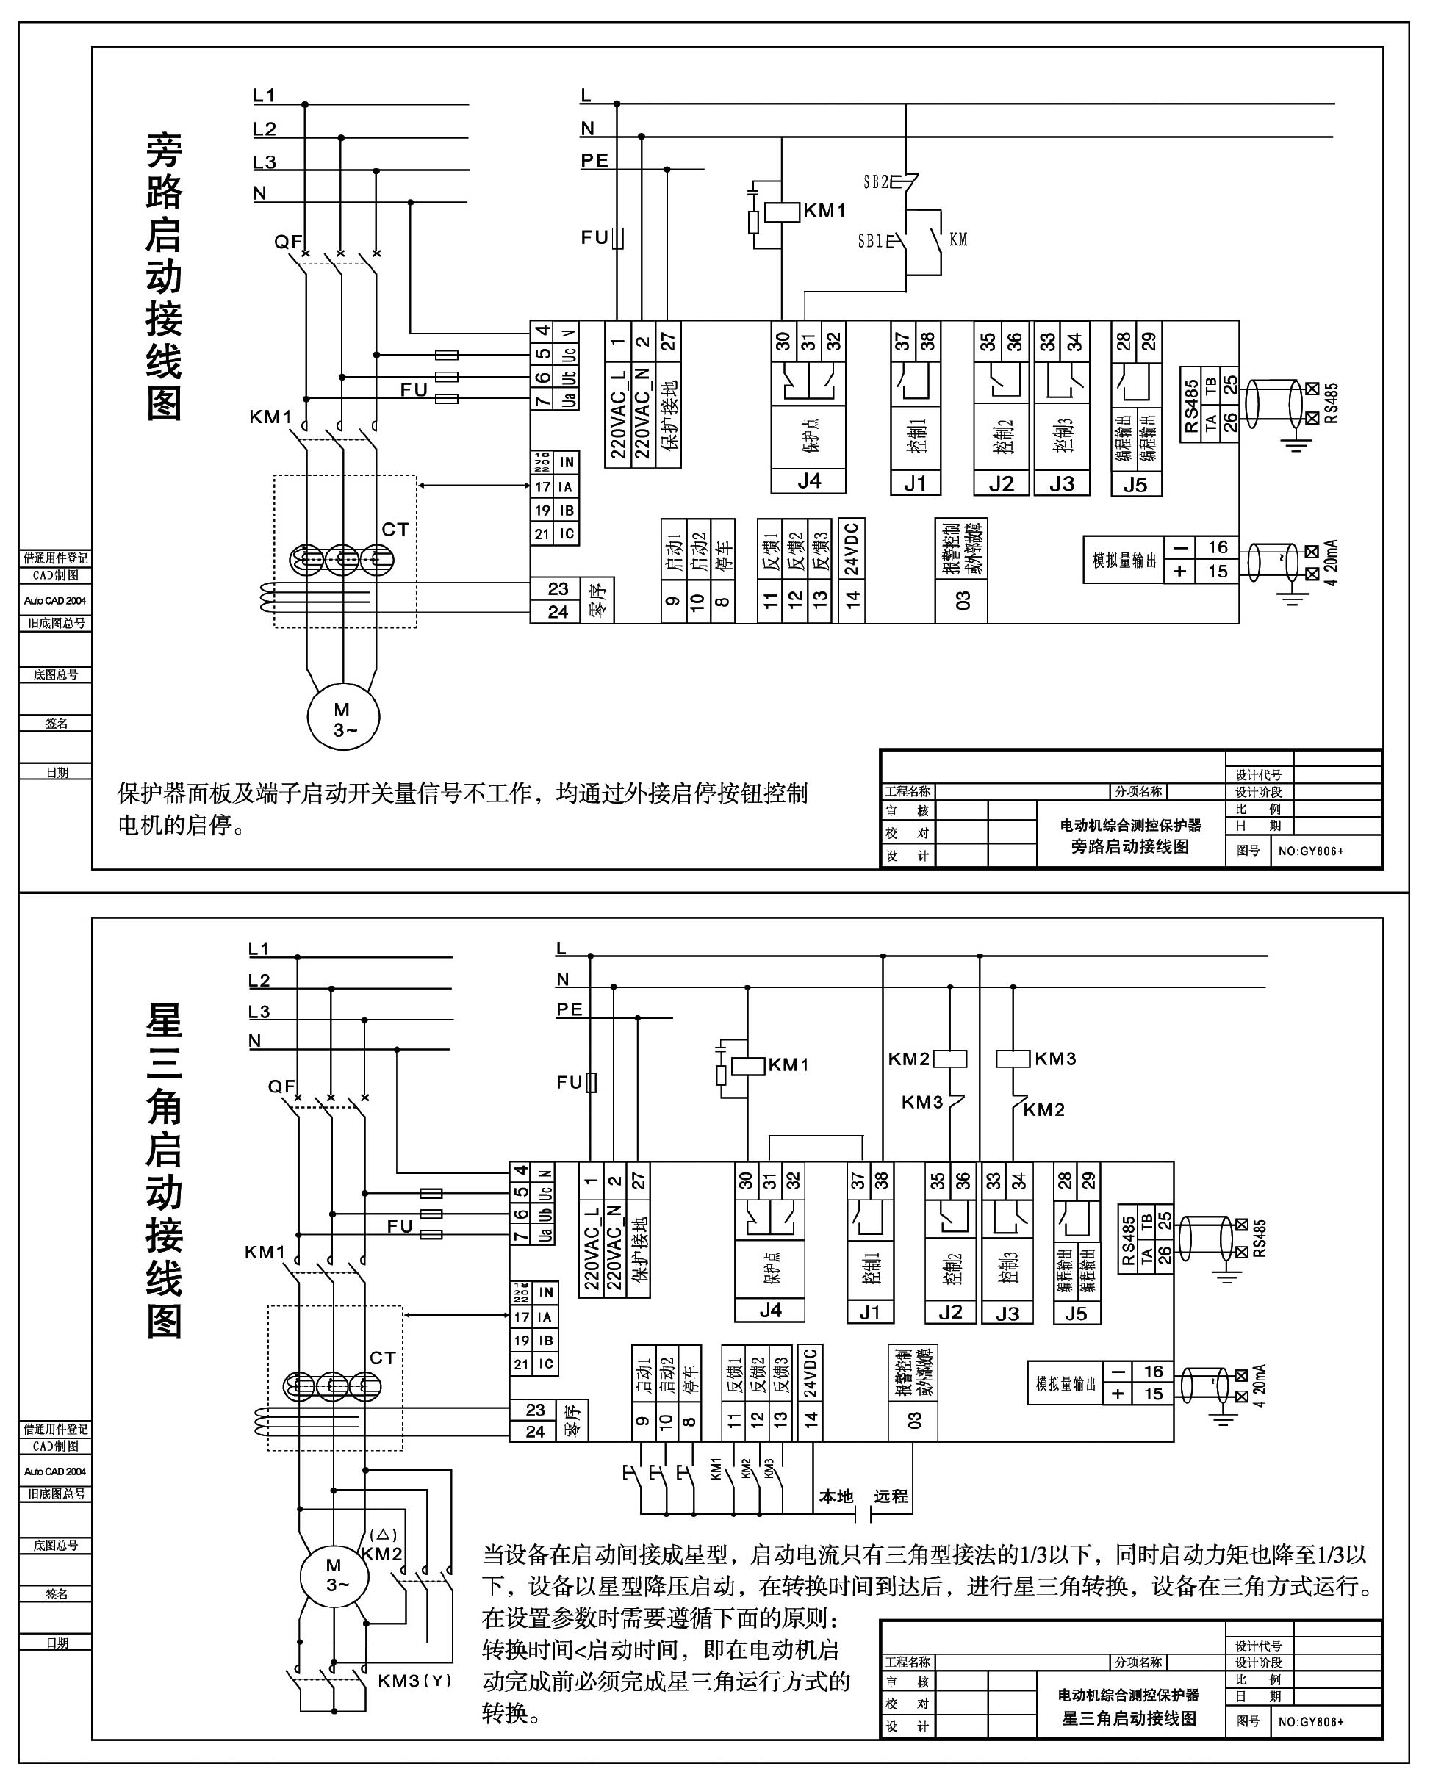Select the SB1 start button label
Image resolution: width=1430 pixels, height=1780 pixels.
tap(870, 241)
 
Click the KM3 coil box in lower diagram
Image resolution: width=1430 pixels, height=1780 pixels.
tap(1013, 1059)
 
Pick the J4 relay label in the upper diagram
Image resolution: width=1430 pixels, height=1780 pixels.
tap(808, 481)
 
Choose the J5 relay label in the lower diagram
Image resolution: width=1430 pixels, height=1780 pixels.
tap(1076, 1314)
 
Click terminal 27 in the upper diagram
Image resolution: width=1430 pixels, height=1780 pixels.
tap(668, 341)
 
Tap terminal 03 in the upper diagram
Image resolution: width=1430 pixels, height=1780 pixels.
tap(963, 601)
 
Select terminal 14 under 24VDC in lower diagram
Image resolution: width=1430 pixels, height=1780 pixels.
tap(811, 1419)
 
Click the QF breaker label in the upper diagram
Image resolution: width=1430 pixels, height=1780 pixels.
tap(287, 242)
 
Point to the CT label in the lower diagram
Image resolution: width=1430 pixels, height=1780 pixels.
tap(382, 1358)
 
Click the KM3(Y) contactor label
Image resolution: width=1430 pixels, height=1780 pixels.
tap(414, 1681)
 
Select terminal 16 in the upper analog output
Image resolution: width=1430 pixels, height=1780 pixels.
tap(1218, 547)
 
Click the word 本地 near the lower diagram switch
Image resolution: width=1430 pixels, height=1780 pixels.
tap(836, 1496)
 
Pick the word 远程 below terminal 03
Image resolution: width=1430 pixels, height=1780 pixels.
tap(891, 1496)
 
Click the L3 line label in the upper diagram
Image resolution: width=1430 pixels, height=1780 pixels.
tap(265, 162)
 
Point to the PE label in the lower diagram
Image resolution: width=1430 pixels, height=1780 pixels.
tap(569, 1009)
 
